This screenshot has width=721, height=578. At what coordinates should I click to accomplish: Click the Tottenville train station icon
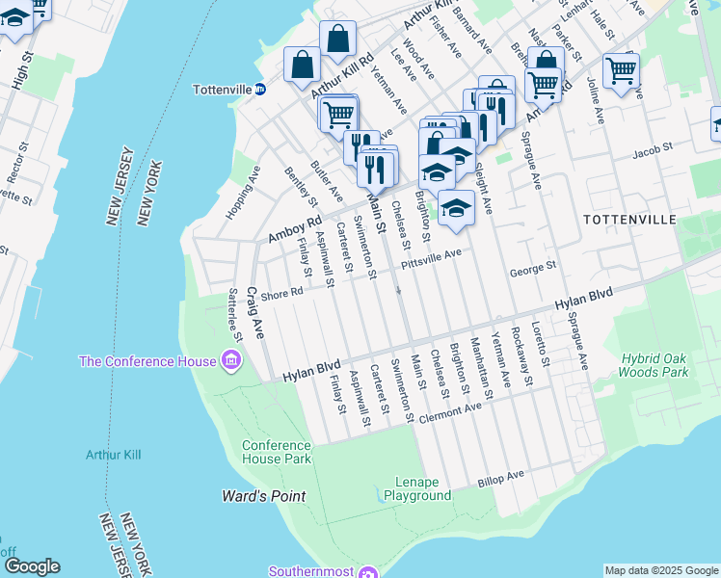coord(260,90)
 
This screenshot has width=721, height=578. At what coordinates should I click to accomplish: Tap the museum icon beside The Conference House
coord(231,362)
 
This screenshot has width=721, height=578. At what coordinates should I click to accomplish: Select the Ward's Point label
coord(259,496)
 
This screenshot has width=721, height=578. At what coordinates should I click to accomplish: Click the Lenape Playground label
coord(417,488)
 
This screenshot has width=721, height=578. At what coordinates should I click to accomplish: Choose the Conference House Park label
coord(277,452)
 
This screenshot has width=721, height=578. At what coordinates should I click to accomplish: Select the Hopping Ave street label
coord(241,193)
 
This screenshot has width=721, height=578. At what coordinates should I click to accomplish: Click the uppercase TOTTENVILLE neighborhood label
coord(629,220)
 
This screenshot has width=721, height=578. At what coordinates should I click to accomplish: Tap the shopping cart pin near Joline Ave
coord(621,69)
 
